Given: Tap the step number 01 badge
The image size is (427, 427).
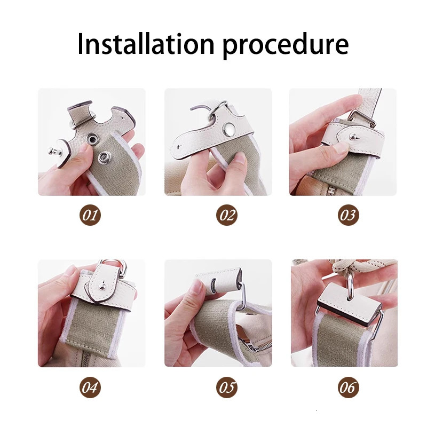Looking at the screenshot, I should (91, 216).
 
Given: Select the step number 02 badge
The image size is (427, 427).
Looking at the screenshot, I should (227, 216).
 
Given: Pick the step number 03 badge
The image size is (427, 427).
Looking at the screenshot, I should (348, 216).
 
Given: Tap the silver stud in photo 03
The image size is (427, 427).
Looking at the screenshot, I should (353, 138).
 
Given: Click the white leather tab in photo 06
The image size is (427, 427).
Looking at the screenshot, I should (344, 302).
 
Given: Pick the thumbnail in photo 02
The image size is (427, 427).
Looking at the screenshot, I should (240, 158).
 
